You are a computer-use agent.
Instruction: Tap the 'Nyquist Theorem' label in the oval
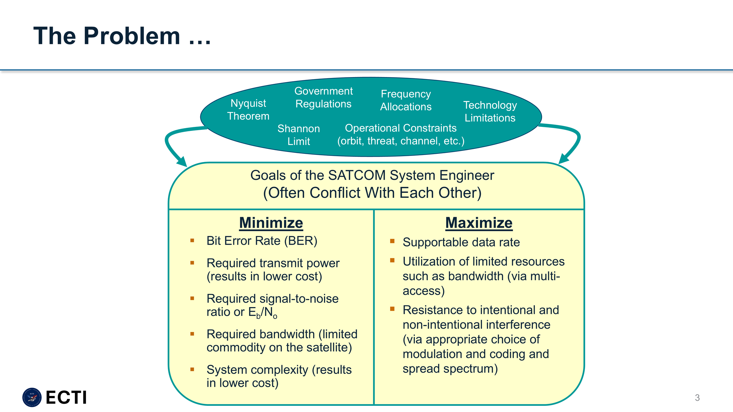pyautogui.click(x=248, y=110)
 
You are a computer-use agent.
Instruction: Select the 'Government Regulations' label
pyautogui.click(x=323, y=97)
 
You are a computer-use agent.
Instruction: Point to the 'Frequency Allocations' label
pyautogui.click(x=406, y=100)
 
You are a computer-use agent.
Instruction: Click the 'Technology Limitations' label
pyautogui.click(x=490, y=111)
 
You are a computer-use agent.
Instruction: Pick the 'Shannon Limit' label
pyautogui.click(x=298, y=135)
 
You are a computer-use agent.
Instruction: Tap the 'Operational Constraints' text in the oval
pyautogui.click(x=401, y=128)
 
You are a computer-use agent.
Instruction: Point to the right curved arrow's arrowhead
pyautogui.click(x=563, y=159)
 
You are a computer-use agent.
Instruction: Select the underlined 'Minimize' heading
pyautogui.click(x=271, y=223)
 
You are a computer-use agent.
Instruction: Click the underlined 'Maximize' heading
pyautogui.click(x=479, y=223)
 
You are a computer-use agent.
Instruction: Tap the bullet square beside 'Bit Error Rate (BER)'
pyautogui.click(x=192, y=241)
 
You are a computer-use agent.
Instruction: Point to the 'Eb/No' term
pyautogui.click(x=262, y=312)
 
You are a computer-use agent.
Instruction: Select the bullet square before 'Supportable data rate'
pyautogui.click(x=392, y=241)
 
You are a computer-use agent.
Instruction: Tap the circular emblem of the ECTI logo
pyautogui.click(x=32, y=397)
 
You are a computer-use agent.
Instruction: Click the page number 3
pyautogui.click(x=697, y=398)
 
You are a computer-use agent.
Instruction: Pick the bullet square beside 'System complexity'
pyautogui.click(x=192, y=370)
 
